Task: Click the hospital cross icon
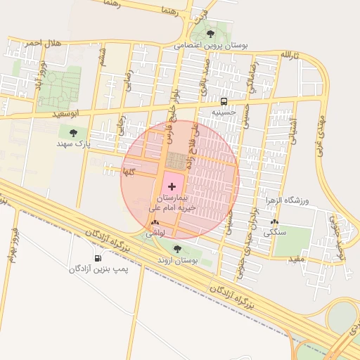coord(173,186)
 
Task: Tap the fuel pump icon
coord(98,258)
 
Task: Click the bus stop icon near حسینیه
coord(224,101)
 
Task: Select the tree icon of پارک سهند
coord(73,131)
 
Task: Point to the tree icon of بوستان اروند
coord(176,249)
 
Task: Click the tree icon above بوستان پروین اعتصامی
coord(210,34)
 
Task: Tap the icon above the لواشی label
coord(155,221)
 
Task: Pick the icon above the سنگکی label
coord(274,221)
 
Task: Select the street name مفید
coord(296,259)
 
